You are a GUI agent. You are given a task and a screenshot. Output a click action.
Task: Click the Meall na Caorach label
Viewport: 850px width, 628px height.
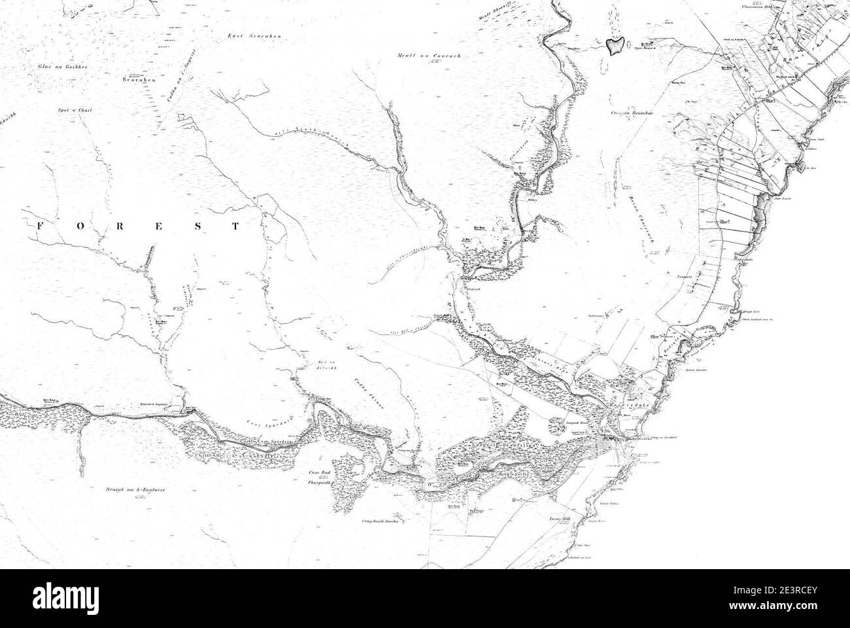click(430, 56)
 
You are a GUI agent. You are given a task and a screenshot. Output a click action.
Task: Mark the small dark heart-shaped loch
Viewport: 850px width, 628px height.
click(613, 46)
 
